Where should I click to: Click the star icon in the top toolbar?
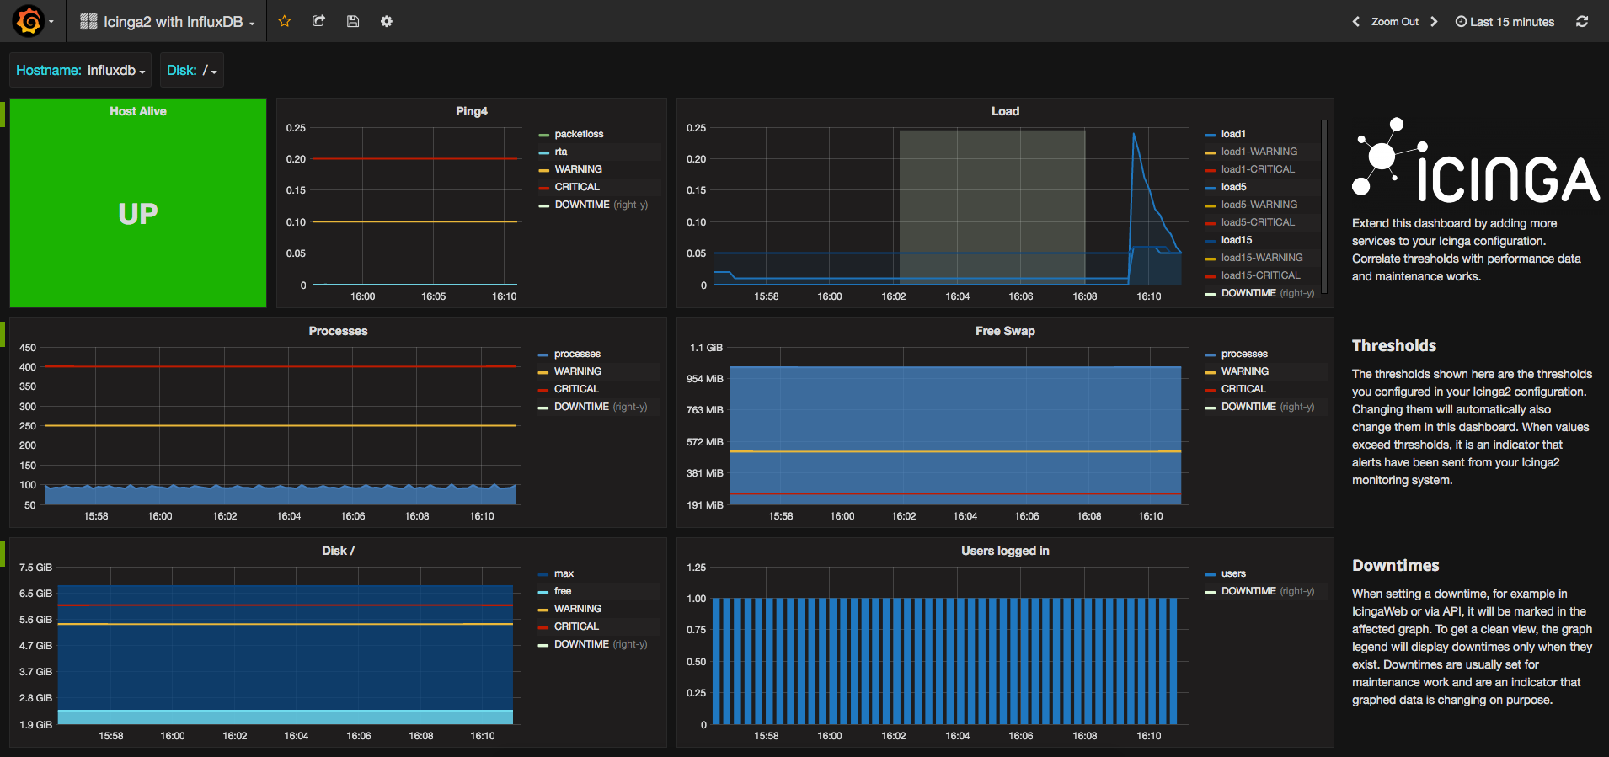point(285,21)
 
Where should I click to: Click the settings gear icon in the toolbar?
point(387,21)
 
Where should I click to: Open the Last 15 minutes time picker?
point(1505,22)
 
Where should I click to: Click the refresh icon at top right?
point(1582,21)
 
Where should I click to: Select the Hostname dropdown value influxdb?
point(116,71)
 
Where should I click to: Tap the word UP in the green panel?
point(138,214)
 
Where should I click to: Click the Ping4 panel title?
point(472,111)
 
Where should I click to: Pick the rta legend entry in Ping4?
point(561,152)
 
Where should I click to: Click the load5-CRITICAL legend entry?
point(1258,222)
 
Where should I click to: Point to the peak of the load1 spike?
point(1134,133)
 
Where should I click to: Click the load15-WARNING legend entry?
point(1262,258)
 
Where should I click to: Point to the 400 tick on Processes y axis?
point(28,367)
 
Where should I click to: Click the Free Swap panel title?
point(1005,331)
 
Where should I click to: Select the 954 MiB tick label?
point(705,379)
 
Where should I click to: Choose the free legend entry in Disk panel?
point(563,591)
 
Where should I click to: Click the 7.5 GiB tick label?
point(35,568)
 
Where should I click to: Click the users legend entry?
point(1233,573)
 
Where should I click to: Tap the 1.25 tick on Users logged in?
point(697,568)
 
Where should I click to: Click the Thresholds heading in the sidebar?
point(1394,345)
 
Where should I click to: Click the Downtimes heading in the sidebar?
point(1396,565)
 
